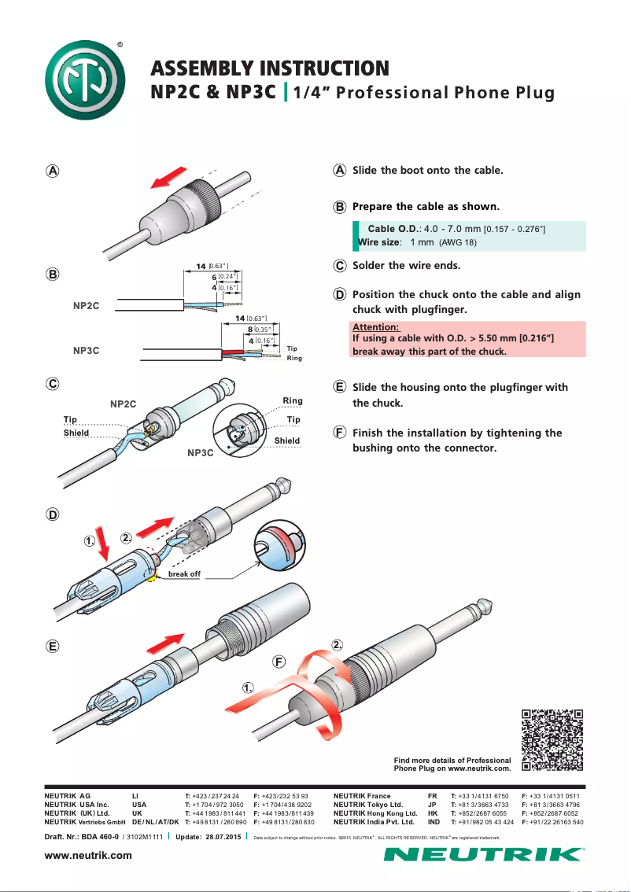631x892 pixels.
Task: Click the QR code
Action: [x=552, y=740]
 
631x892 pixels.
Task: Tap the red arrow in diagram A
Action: [x=170, y=178]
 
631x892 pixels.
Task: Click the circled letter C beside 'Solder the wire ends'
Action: [x=340, y=266]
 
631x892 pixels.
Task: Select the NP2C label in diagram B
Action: [x=86, y=305]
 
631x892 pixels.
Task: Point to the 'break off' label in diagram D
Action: [x=185, y=575]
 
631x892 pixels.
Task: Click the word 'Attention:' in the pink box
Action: [x=376, y=326]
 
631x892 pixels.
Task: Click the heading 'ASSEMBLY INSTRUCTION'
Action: [x=270, y=68]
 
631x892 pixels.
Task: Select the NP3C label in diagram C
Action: [x=201, y=453]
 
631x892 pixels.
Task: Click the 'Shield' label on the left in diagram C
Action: [x=76, y=433]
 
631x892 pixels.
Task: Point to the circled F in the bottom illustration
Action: [x=279, y=661]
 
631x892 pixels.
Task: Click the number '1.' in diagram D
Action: [x=90, y=541]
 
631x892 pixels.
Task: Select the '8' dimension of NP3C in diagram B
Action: [x=250, y=330]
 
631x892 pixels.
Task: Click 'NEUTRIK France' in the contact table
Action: [x=362, y=796]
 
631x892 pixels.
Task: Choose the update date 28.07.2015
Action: [x=222, y=836]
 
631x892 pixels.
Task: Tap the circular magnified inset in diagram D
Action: [x=281, y=545]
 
